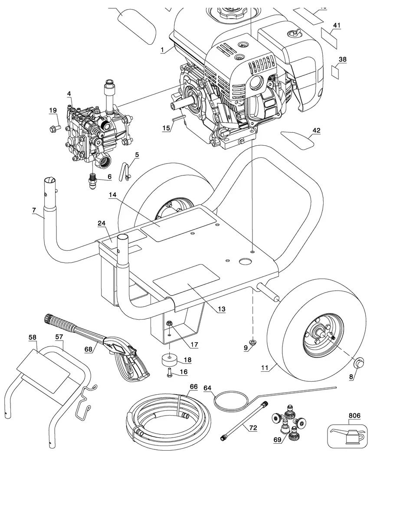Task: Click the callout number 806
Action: coord(354,415)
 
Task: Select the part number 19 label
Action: coord(53,111)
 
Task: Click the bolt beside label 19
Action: coord(55,128)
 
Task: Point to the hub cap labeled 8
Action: coord(359,364)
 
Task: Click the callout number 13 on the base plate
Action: coord(222,309)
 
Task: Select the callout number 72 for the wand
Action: coord(253,428)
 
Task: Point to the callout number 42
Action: coord(316,130)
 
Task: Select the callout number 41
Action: coord(336,25)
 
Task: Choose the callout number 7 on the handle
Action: coord(34,210)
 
